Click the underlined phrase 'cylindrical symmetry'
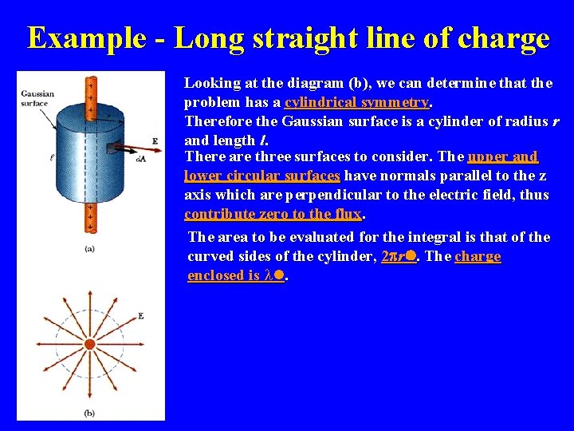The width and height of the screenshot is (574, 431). pyautogui.click(x=357, y=102)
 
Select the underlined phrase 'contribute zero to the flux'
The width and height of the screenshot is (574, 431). pyautogui.click(x=273, y=214)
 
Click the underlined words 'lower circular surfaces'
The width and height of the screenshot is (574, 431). pyautogui.click(x=262, y=176)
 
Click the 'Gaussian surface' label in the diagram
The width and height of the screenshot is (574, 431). pyautogui.click(x=37, y=97)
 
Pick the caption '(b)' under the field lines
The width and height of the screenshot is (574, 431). pyautogui.click(x=90, y=413)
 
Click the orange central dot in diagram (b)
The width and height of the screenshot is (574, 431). pyautogui.click(x=90, y=344)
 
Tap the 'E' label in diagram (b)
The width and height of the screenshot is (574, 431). pyautogui.click(x=141, y=317)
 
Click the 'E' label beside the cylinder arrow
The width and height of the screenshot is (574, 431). pyautogui.click(x=154, y=141)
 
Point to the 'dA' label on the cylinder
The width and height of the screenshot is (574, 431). pyautogui.click(x=140, y=160)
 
